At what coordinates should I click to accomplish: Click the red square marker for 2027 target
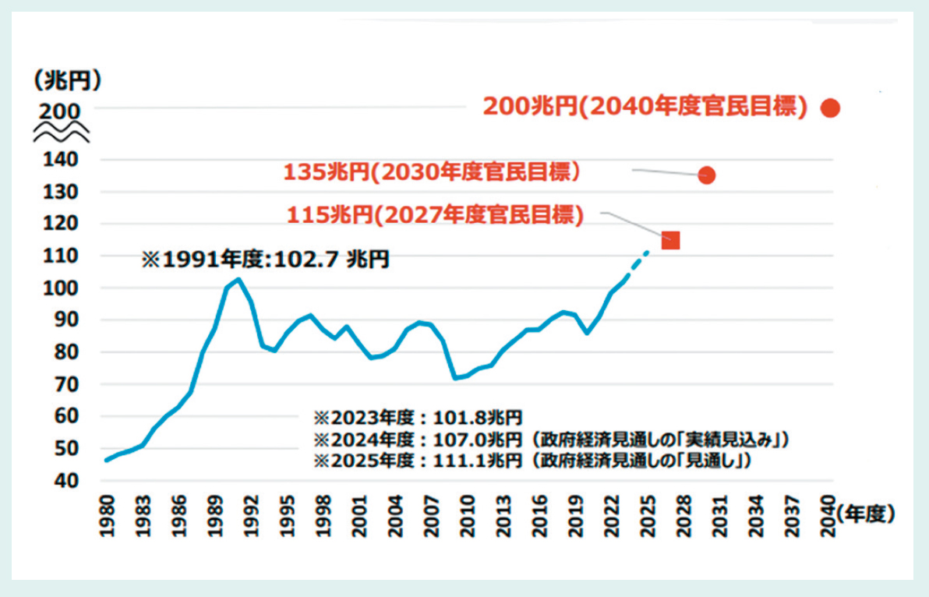click(x=670, y=240)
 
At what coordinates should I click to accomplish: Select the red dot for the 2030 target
click(x=707, y=175)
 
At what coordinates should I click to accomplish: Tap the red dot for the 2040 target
click(x=831, y=108)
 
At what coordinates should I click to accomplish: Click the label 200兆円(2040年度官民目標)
click(x=645, y=107)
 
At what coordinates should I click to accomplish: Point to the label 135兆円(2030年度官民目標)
click(x=432, y=171)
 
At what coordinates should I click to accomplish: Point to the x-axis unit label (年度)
click(x=864, y=514)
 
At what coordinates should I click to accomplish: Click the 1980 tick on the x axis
click(x=108, y=515)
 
